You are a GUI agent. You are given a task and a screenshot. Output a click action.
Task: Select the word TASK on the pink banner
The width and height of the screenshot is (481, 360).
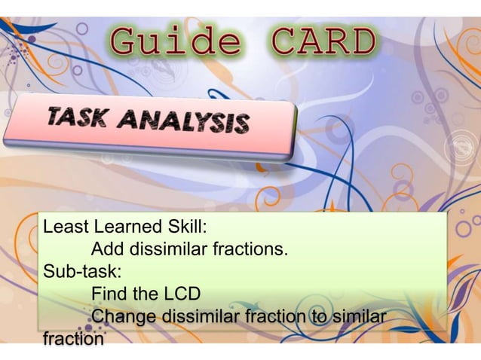pyautogui.click(x=76, y=117)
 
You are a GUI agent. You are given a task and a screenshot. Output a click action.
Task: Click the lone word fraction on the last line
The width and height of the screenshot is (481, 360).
pyautogui.click(x=74, y=339)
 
